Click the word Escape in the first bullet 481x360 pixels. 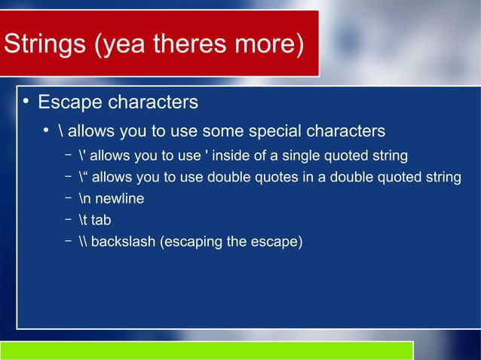coord(69,102)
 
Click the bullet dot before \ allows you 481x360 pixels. coord(46,130)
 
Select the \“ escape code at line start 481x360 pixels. coord(83,178)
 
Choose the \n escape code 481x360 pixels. coord(84,200)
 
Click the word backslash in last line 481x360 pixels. coord(124,243)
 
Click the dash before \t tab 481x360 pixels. coord(68,220)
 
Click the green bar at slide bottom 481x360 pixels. coord(207,351)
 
